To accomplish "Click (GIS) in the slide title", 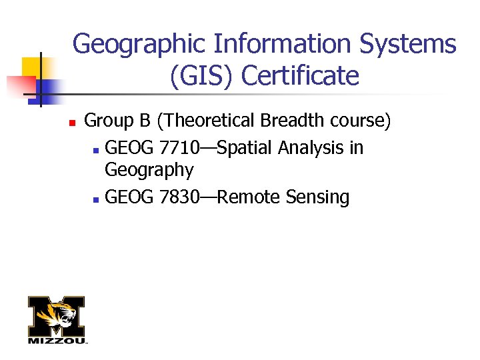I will pos(202,76).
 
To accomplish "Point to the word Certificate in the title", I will pos(300,76).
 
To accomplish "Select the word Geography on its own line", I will pos(149,171).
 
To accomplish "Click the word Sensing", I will pos(317,198).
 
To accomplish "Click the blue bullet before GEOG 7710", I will pos(97,149).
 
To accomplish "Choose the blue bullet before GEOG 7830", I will pos(97,199).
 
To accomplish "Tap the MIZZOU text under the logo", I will pos(57,341).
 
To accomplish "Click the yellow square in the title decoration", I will pos(31,67).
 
